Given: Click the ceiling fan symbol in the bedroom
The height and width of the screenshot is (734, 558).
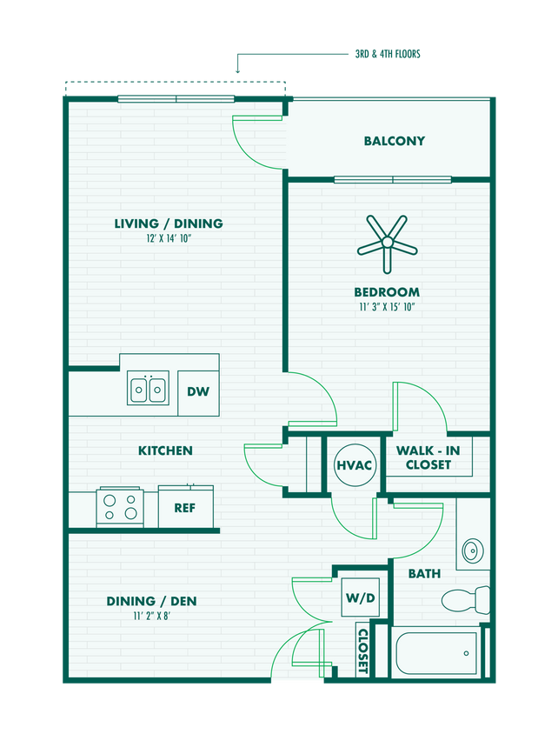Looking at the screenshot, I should pyautogui.click(x=387, y=245).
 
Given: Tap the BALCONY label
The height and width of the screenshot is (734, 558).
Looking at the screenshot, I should pyautogui.click(x=394, y=141).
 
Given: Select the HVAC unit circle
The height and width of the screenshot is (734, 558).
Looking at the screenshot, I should pyautogui.click(x=354, y=465).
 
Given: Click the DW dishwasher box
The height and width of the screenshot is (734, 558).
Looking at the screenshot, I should pyautogui.click(x=198, y=391).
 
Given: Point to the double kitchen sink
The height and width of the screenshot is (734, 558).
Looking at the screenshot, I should pyautogui.click(x=149, y=389).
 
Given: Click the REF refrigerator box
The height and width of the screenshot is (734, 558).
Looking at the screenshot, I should pyautogui.click(x=185, y=508).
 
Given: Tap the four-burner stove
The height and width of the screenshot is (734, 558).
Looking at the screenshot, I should pyautogui.click(x=120, y=507).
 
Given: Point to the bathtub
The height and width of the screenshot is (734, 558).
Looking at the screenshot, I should pyautogui.click(x=435, y=653).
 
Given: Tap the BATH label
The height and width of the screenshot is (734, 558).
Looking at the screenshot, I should pyautogui.click(x=424, y=574).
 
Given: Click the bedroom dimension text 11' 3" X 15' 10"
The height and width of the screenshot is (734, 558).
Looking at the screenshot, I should pyautogui.click(x=386, y=307).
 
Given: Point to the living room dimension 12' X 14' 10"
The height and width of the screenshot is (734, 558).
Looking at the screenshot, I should pyautogui.click(x=168, y=238).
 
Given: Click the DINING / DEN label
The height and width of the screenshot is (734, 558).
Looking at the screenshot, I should pyautogui.click(x=151, y=601).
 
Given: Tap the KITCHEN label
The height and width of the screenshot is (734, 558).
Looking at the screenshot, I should pyautogui.click(x=165, y=450).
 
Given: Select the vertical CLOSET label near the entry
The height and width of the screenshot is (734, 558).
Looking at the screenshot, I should pyautogui.click(x=362, y=651).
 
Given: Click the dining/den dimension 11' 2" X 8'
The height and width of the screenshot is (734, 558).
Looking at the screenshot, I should pyautogui.click(x=151, y=617).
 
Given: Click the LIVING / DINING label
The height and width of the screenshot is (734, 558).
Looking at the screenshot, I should pyautogui.click(x=168, y=224).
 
